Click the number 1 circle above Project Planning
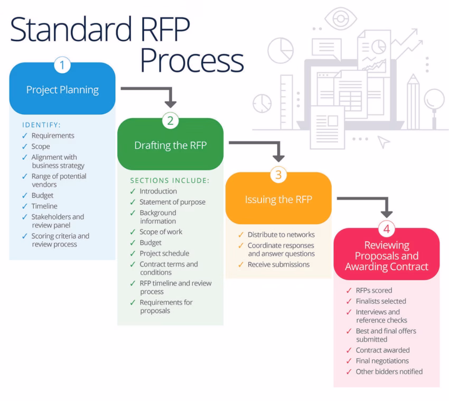[62, 66]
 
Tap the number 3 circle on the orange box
[278, 175]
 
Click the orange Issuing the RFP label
[278, 199]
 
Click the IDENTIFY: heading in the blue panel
[42, 125]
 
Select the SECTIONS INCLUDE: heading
[170, 180]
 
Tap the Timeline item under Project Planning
[44, 206]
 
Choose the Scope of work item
[161, 232]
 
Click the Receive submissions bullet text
[278, 265]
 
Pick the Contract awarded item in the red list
[382, 350]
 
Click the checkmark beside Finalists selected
[349, 302]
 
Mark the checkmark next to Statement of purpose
[133, 202]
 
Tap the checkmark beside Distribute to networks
[241, 235]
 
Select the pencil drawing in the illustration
[413, 101]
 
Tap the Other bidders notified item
[389, 371]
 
